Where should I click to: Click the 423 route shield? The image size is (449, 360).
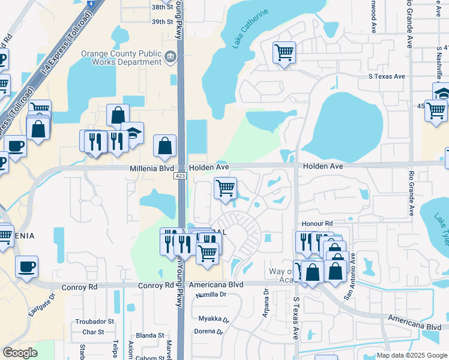pos(181,176)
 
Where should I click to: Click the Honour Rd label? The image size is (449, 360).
pos(317,223)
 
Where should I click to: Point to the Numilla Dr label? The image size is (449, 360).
pos(209,295)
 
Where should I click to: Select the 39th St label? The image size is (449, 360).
pos(162,22)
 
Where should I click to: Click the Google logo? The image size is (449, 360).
pos(20,353)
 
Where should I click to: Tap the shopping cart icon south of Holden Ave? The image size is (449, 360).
pos(225,188)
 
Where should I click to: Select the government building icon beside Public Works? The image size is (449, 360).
pos(170,58)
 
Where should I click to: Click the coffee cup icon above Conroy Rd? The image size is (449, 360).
pos(26,266)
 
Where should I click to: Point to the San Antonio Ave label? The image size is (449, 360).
pos(349,275)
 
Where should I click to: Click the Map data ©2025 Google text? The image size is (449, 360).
pos(411,355)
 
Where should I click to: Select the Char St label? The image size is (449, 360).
pos(94,332)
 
